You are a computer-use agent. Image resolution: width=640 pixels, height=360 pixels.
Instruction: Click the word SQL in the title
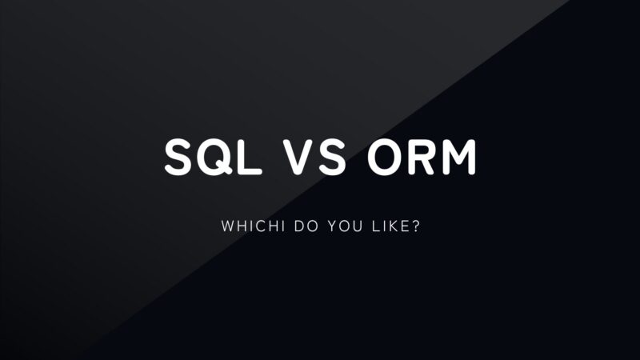click(213, 157)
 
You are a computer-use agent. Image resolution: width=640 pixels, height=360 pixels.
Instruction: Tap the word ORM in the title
click(421, 157)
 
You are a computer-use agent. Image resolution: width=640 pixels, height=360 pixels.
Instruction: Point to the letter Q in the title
click(214, 158)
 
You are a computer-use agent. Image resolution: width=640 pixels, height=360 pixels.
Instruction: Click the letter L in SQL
click(250, 157)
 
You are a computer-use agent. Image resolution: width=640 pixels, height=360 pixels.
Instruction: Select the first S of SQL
click(178, 157)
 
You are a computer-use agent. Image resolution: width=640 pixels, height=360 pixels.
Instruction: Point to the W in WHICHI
click(226, 227)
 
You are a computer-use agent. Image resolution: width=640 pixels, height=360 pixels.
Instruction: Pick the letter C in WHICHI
click(255, 227)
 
